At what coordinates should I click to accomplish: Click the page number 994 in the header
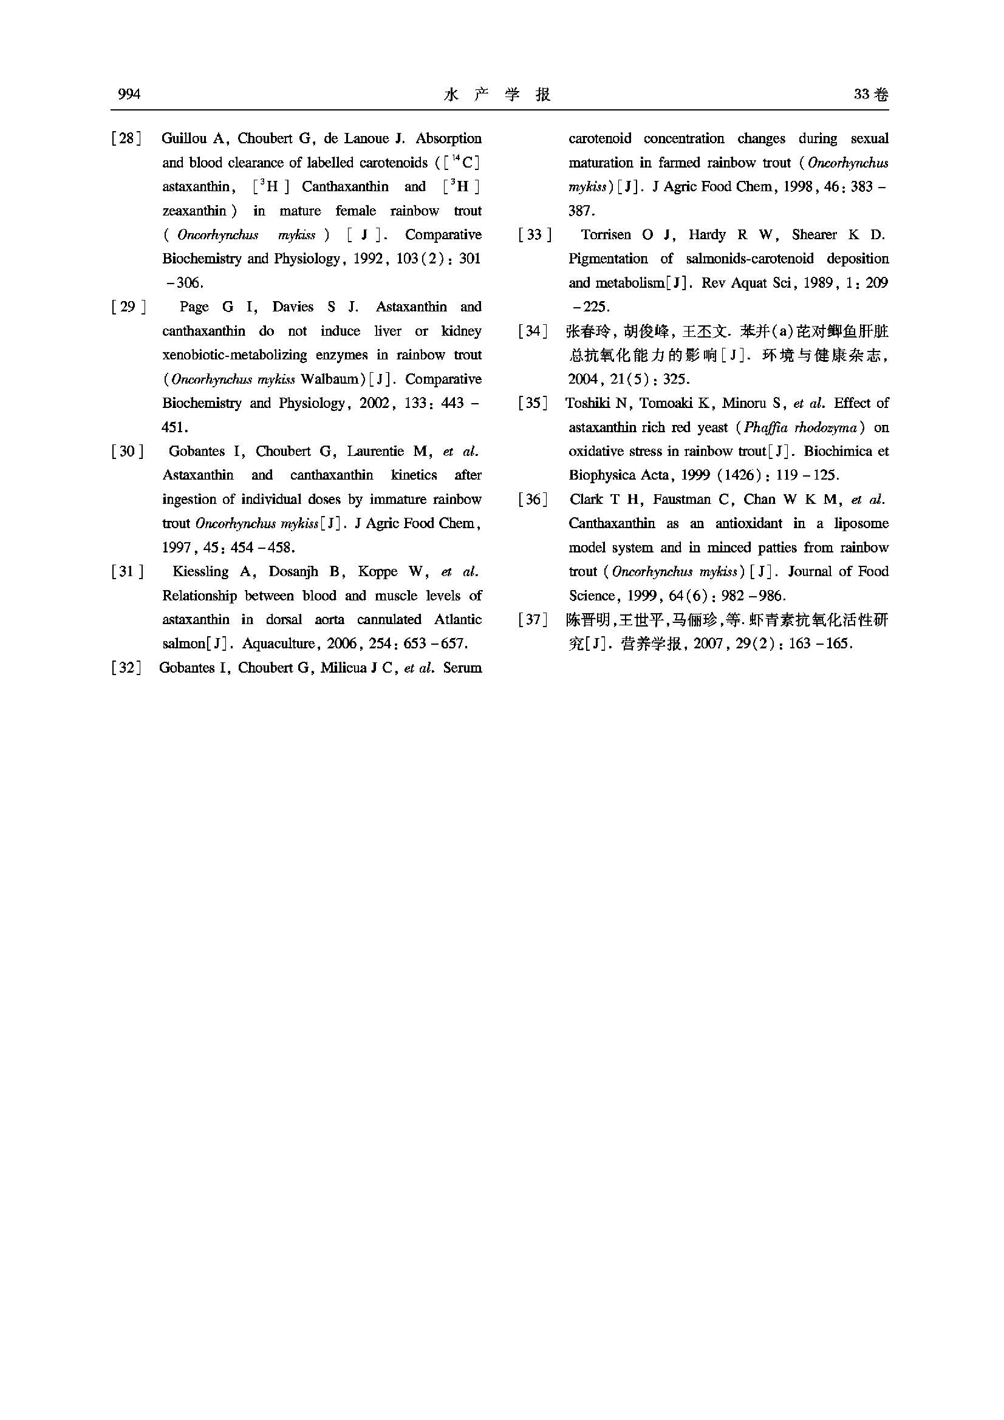pyautogui.click(x=129, y=94)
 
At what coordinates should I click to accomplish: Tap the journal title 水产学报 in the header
pyautogui.click(x=497, y=95)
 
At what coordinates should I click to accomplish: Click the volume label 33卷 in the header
pyautogui.click(x=871, y=95)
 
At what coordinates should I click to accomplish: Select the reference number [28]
pyautogui.click(x=126, y=138)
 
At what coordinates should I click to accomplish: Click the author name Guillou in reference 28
pyautogui.click(x=183, y=138)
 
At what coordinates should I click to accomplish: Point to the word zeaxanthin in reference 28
pyautogui.click(x=194, y=211)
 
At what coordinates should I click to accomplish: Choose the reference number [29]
pyautogui.click(x=128, y=307)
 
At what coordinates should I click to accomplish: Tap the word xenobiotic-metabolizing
pyautogui.click(x=234, y=355)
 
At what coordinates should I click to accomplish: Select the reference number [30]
pyautogui.click(x=128, y=452)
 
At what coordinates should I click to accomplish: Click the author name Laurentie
pyautogui.click(x=375, y=452)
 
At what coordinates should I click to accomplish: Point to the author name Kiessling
pyautogui.click(x=200, y=572)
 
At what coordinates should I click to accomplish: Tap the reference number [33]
pyautogui.click(x=534, y=235)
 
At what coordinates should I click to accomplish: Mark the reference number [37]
pyautogui.click(x=533, y=620)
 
